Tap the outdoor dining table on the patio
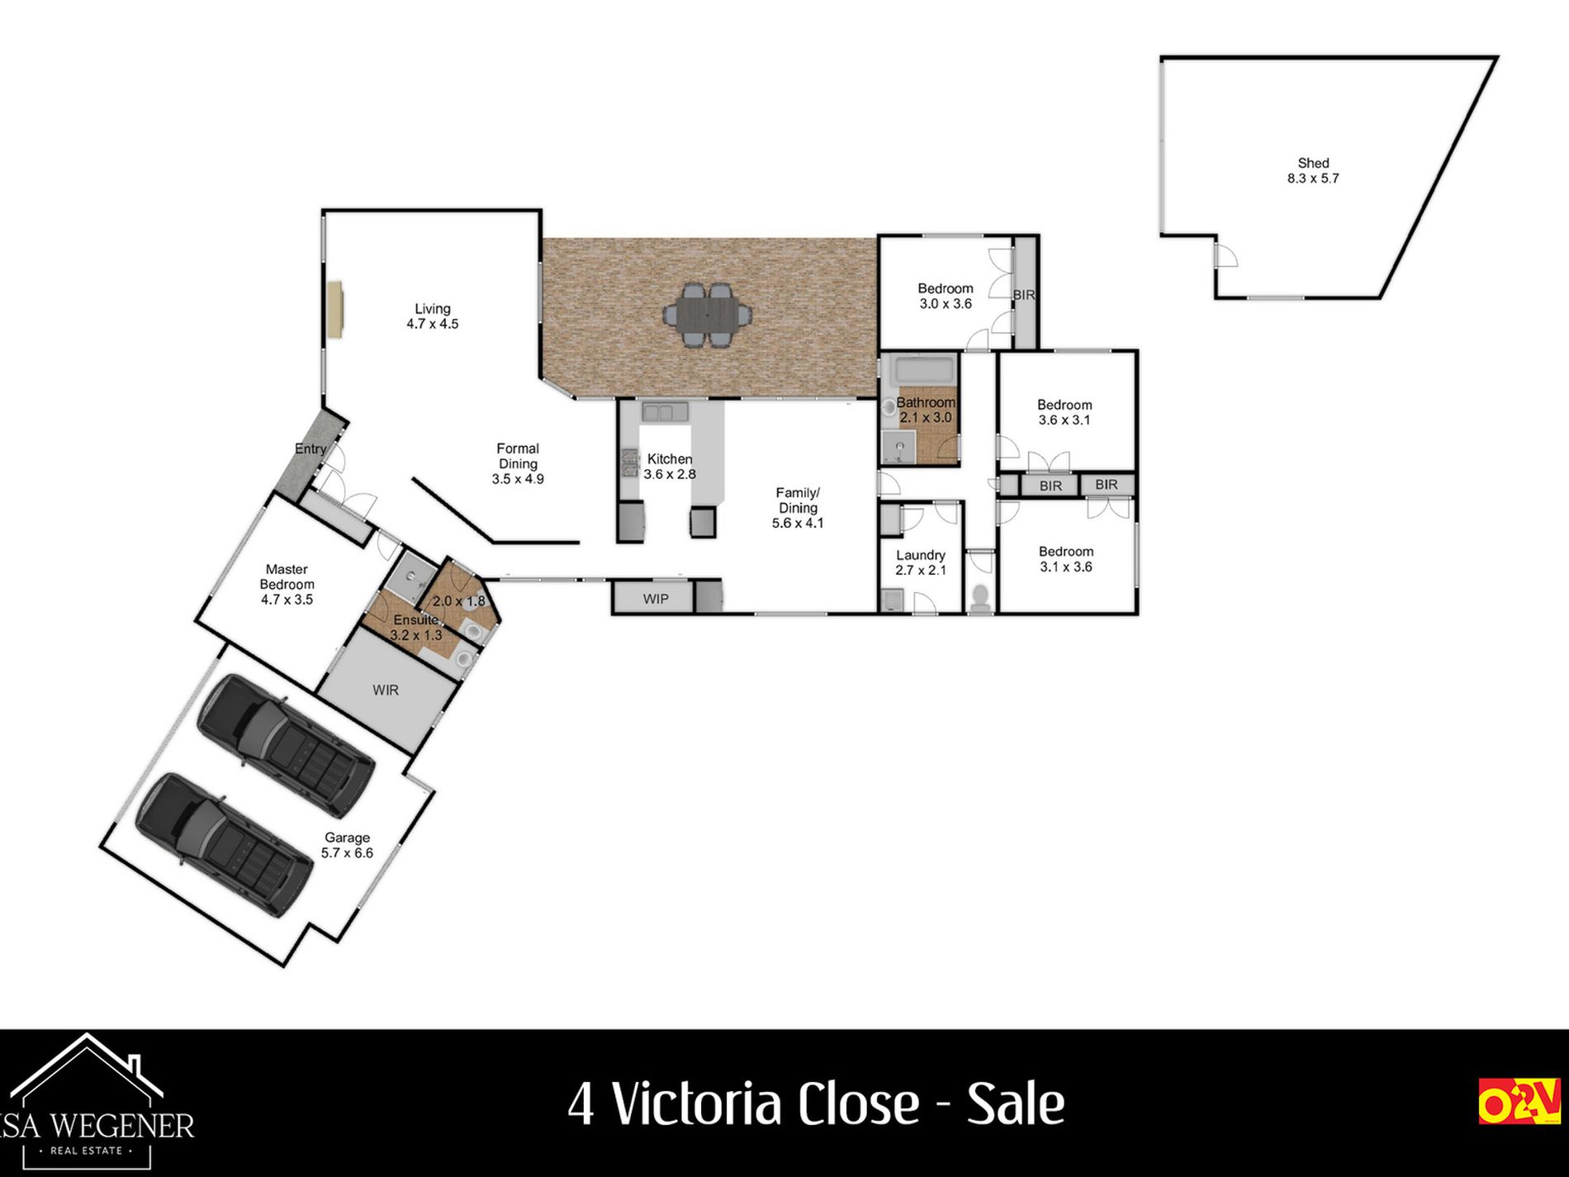708,315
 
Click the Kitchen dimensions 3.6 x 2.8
670,474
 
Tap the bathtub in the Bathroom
926,370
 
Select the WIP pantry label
656,599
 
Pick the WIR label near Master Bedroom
386,690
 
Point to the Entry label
310,448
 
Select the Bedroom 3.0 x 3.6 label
946,296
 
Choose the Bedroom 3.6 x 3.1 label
1064,412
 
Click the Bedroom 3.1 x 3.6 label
1065,559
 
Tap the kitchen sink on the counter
665,411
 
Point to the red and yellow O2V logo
1519,1100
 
